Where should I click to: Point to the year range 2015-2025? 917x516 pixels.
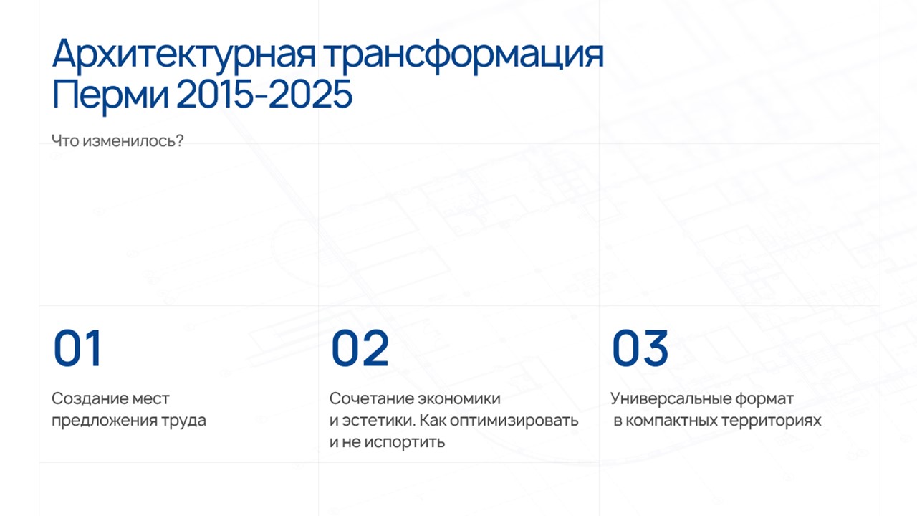264,94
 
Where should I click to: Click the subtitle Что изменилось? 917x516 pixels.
117,141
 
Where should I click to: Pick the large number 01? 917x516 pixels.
77,348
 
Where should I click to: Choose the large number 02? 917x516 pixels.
360,348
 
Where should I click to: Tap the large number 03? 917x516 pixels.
640,348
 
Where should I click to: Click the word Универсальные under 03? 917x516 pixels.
671,398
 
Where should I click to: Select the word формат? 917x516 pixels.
764,399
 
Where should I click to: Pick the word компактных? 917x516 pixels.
671,421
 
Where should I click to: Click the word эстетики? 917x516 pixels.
379,421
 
